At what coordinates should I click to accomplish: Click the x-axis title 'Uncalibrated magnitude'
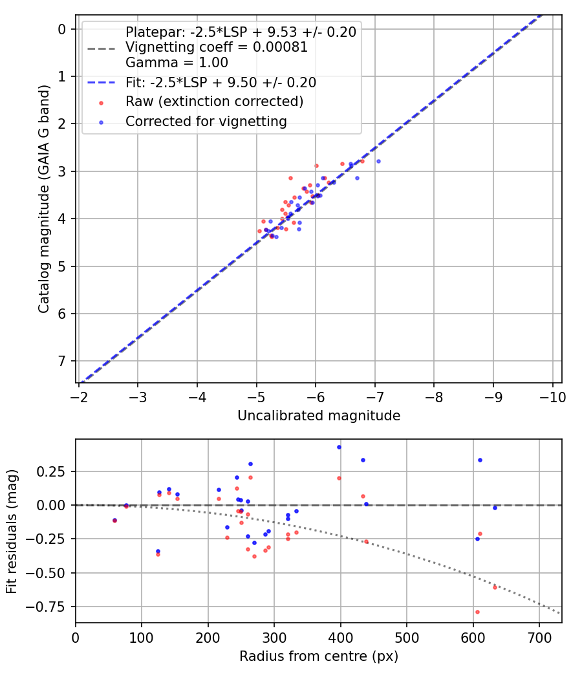click(319, 416)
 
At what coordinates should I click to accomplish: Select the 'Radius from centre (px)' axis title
click(319, 656)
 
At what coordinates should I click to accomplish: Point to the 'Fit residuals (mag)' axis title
click(12, 532)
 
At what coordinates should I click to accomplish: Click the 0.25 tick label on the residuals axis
click(56, 471)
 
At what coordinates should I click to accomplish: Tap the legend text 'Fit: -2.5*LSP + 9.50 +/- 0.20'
click(221, 83)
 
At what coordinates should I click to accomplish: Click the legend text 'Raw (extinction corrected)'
click(214, 102)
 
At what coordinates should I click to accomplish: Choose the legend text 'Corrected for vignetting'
click(206, 122)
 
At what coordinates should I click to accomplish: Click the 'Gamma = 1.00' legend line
click(177, 63)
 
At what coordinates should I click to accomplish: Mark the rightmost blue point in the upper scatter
click(378, 161)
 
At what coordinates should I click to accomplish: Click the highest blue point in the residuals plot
click(339, 447)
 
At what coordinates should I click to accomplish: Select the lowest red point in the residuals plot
click(477, 612)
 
